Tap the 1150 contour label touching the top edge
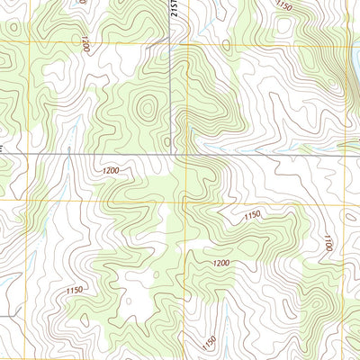(x=283, y=6)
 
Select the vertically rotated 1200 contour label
(x=85, y=44)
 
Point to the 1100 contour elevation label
(x=328, y=242)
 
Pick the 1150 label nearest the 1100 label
(x=252, y=215)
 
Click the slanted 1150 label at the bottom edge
(x=209, y=342)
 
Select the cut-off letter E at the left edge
(x=3, y=146)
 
